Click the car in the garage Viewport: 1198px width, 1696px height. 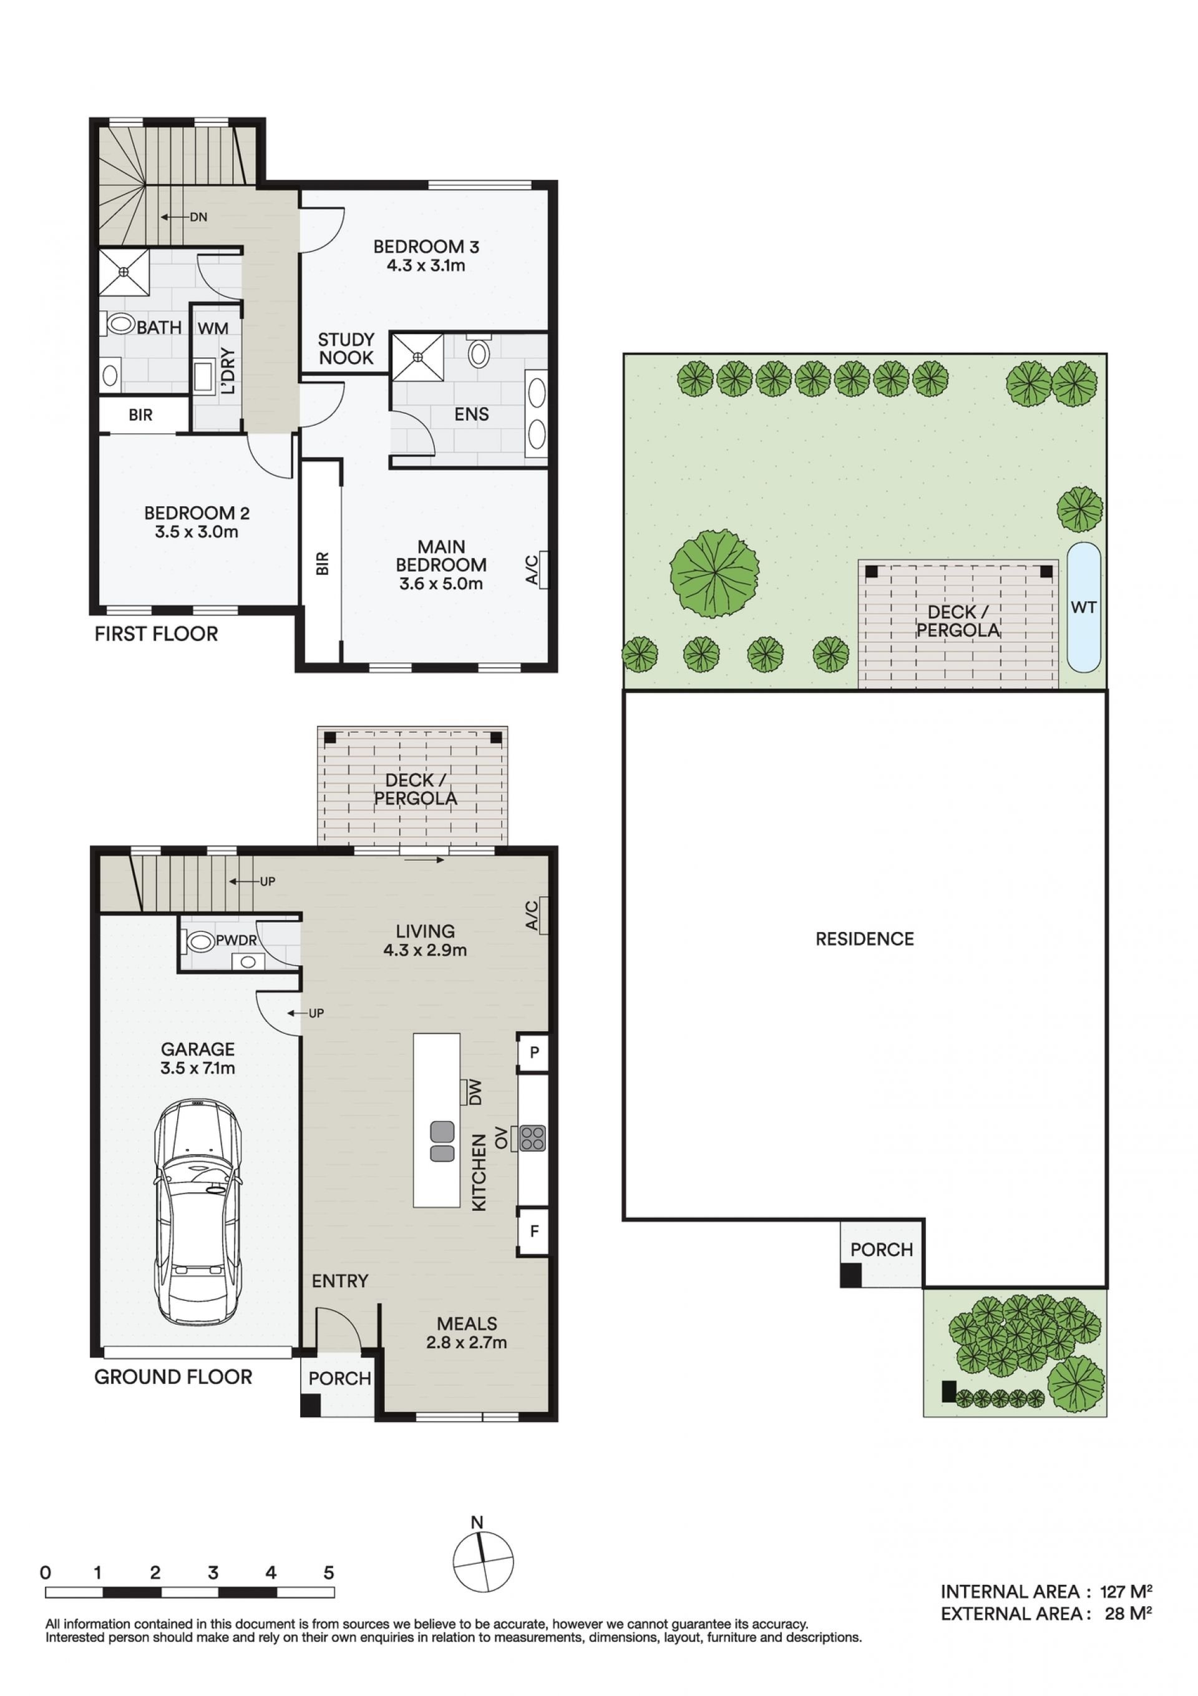click(197, 1213)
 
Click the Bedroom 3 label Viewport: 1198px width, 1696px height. click(426, 247)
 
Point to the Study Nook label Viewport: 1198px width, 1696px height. click(346, 349)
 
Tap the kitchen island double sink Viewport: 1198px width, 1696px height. click(442, 1141)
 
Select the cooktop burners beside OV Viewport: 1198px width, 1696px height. click(532, 1139)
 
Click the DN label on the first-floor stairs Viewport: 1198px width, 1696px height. click(198, 217)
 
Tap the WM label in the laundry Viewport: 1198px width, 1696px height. click(213, 328)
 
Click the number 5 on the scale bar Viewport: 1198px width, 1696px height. click(329, 1572)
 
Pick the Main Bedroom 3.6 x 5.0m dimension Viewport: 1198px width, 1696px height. click(441, 584)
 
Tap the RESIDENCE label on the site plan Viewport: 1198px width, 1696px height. click(864, 939)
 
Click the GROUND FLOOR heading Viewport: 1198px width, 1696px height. click(173, 1377)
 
